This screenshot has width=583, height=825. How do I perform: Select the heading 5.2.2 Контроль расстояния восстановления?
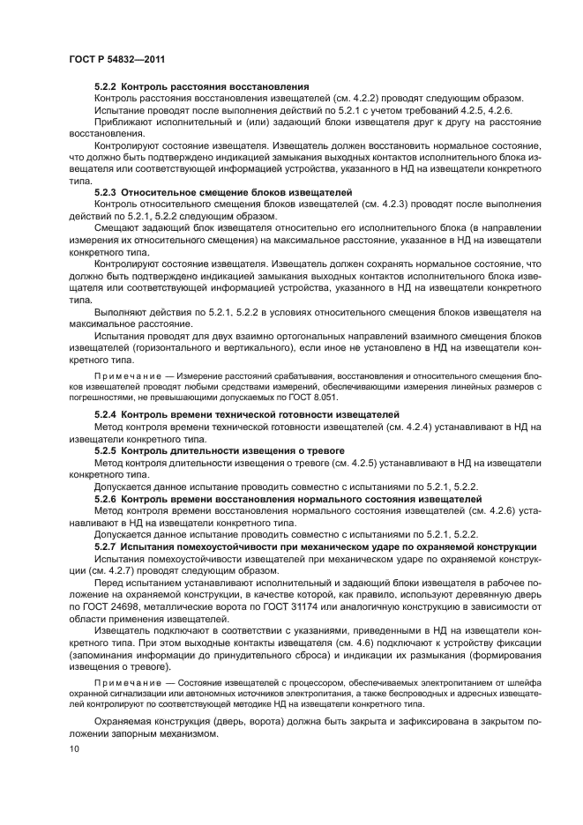click(201, 86)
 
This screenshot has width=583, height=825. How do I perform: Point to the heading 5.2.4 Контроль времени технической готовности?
click(247, 414)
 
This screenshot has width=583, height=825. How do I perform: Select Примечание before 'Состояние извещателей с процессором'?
click(123, 682)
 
